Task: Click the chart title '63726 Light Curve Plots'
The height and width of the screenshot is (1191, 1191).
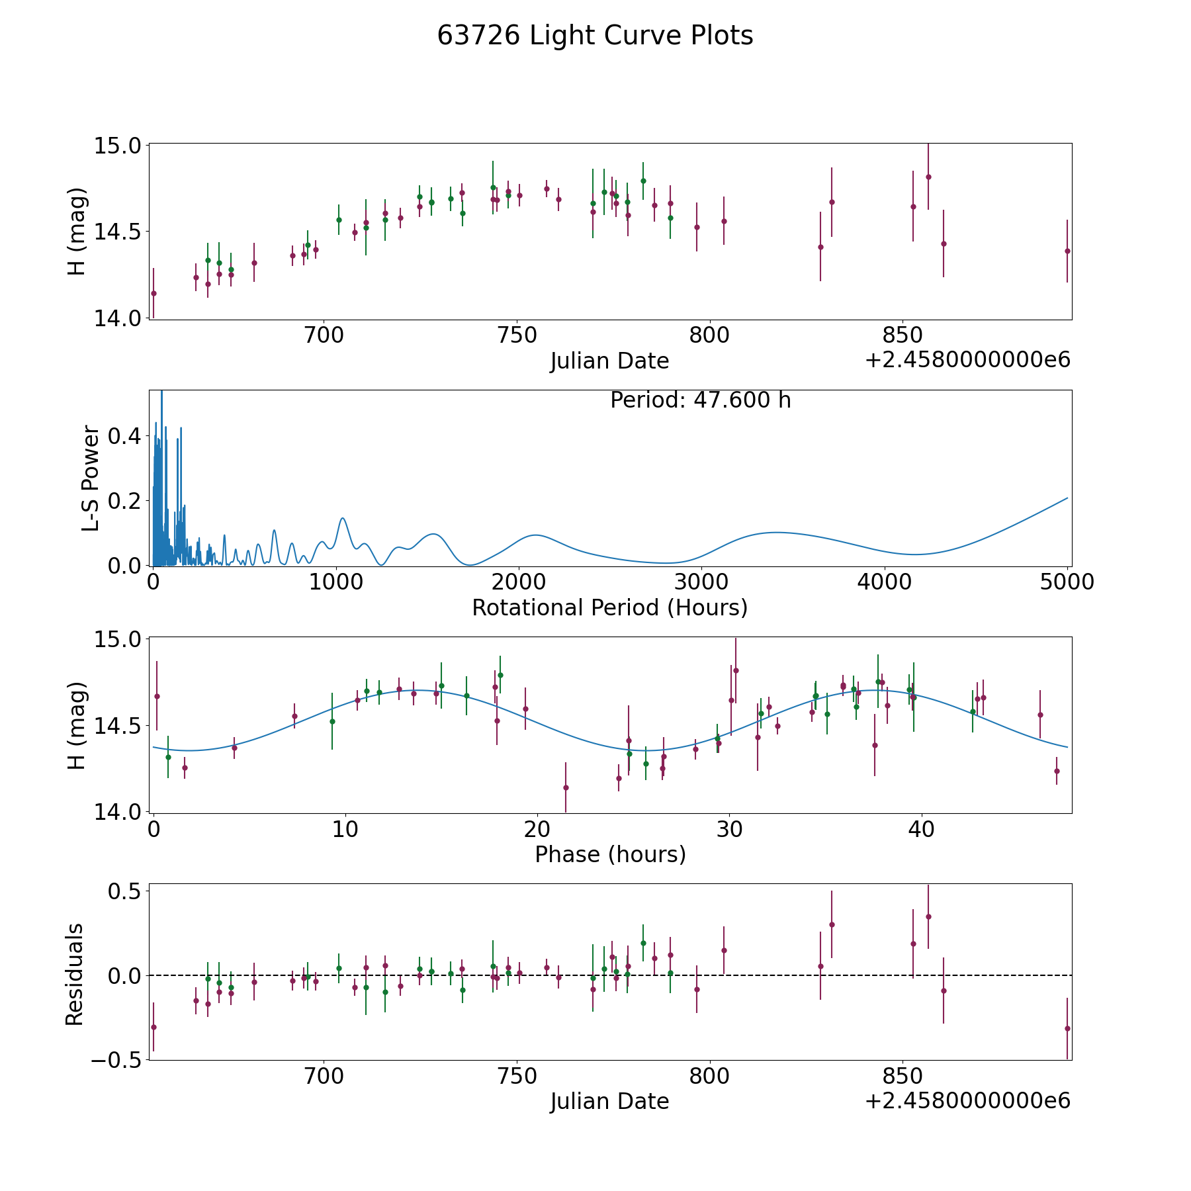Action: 595,36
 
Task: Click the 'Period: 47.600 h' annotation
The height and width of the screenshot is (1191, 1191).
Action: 700,400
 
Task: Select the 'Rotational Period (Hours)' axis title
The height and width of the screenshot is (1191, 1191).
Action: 609,607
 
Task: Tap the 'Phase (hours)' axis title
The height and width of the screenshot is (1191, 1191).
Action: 610,854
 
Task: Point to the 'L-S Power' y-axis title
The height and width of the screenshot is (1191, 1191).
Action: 91,478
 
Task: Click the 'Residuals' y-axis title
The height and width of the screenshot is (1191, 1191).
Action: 75,974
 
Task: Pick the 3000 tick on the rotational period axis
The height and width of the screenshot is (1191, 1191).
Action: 701,582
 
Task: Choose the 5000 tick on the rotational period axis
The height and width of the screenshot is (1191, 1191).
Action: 1067,582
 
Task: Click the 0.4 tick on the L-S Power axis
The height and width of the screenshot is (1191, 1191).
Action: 126,436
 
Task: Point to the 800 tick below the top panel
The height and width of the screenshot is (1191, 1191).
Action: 709,335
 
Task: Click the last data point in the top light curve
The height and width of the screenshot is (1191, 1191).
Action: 1067,251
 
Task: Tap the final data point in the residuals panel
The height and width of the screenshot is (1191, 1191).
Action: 1067,1028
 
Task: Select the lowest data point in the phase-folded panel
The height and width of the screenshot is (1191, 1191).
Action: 566,787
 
